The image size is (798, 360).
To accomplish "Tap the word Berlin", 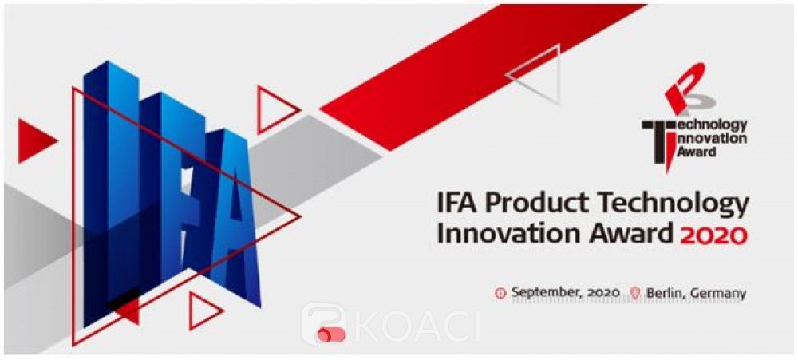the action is click(x=661, y=293).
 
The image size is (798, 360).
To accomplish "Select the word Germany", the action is click(x=714, y=294).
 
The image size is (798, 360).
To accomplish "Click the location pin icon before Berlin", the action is click(x=634, y=293).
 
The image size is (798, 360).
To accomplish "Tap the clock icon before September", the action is click(x=501, y=293).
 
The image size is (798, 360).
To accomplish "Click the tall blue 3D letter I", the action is click(x=110, y=193).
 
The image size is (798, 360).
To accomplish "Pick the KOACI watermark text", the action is click(x=417, y=323).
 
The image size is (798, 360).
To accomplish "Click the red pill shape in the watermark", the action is click(x=331, y=334).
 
